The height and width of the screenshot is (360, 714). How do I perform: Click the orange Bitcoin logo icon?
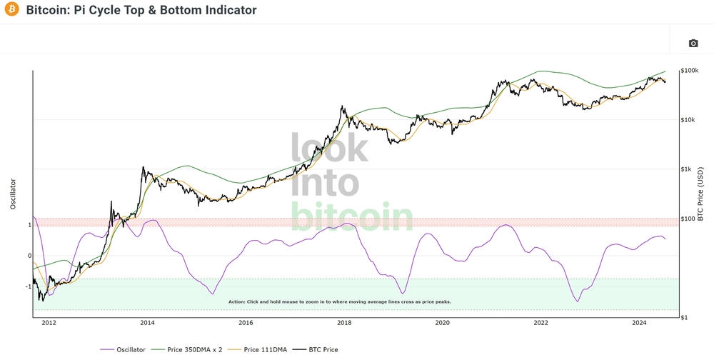click(11, 11)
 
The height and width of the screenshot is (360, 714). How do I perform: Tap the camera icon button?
click(693, 44)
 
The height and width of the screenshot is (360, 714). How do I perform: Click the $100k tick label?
click(690, 71)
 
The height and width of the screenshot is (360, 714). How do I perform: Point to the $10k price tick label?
click(688, 120)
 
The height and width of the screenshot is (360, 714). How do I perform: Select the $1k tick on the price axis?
click(686, 169)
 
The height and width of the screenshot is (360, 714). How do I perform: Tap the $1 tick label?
click(683, 317)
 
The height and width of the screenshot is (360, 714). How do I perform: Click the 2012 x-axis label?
click(49, 323)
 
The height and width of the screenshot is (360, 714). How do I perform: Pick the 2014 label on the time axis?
click(147, 323)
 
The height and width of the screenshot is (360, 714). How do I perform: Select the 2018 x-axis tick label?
click(344, 323)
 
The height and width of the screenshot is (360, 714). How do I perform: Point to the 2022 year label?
click(540, 323)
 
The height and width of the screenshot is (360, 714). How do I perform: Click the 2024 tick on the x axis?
click(639, 323)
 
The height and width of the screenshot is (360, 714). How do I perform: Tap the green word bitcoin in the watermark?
click(352, 217)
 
